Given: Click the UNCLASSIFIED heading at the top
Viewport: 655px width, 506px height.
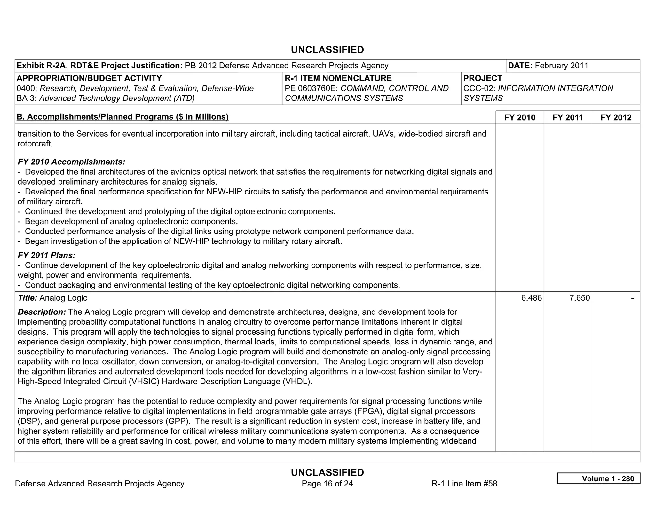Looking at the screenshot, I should pos(327,50).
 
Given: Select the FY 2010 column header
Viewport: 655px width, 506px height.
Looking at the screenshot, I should pos(519,117).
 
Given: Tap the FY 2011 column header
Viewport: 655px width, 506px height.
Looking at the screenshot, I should pos(568,117).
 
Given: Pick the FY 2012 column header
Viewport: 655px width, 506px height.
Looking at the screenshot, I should pos(616,117).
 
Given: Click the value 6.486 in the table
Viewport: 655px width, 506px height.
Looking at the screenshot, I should pos(531,298).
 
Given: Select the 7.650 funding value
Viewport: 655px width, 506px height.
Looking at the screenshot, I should pos(579,298).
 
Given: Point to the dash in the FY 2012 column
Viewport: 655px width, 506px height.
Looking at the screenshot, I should pos(632,298).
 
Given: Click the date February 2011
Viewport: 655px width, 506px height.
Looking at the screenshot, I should pos(561,66).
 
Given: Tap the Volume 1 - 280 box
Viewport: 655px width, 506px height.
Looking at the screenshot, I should pos(598,478).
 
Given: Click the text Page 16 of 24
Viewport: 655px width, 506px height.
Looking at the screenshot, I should pos(327,484).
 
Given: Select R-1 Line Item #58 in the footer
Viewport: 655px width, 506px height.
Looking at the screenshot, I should pos(464,484).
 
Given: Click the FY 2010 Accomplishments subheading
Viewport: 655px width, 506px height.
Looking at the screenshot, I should pos(71,162).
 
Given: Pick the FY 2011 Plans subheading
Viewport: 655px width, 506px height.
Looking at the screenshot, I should pos(47,255).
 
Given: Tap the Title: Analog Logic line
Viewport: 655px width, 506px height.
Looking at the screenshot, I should pos(52,298).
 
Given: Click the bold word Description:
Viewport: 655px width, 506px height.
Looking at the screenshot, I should pos(42,312).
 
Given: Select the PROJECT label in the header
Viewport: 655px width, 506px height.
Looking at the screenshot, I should pos(483,78).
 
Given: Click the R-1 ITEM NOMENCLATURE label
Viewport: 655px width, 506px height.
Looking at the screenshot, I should pos(338,78).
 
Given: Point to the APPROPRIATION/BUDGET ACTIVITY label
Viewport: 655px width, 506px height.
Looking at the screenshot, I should pos(89,78).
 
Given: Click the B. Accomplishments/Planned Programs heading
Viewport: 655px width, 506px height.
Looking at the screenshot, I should pos(122,117).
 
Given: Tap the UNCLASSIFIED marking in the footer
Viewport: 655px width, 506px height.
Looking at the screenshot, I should pos(327,472).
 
